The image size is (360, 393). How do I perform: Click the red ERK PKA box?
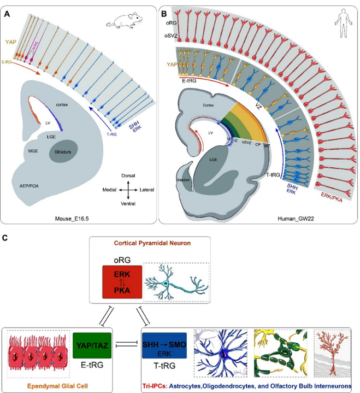[121, 282]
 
